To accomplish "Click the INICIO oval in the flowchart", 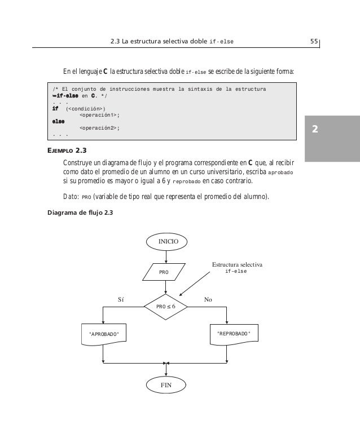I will [165, 241].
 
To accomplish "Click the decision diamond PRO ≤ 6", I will [165, 306].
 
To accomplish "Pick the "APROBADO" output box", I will [104, 334].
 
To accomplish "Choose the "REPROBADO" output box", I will [233, 334].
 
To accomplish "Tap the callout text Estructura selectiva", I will [237, 264].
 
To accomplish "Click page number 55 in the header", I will [314, 41].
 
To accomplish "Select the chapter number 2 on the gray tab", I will [315, 129].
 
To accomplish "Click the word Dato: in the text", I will [70, 196].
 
